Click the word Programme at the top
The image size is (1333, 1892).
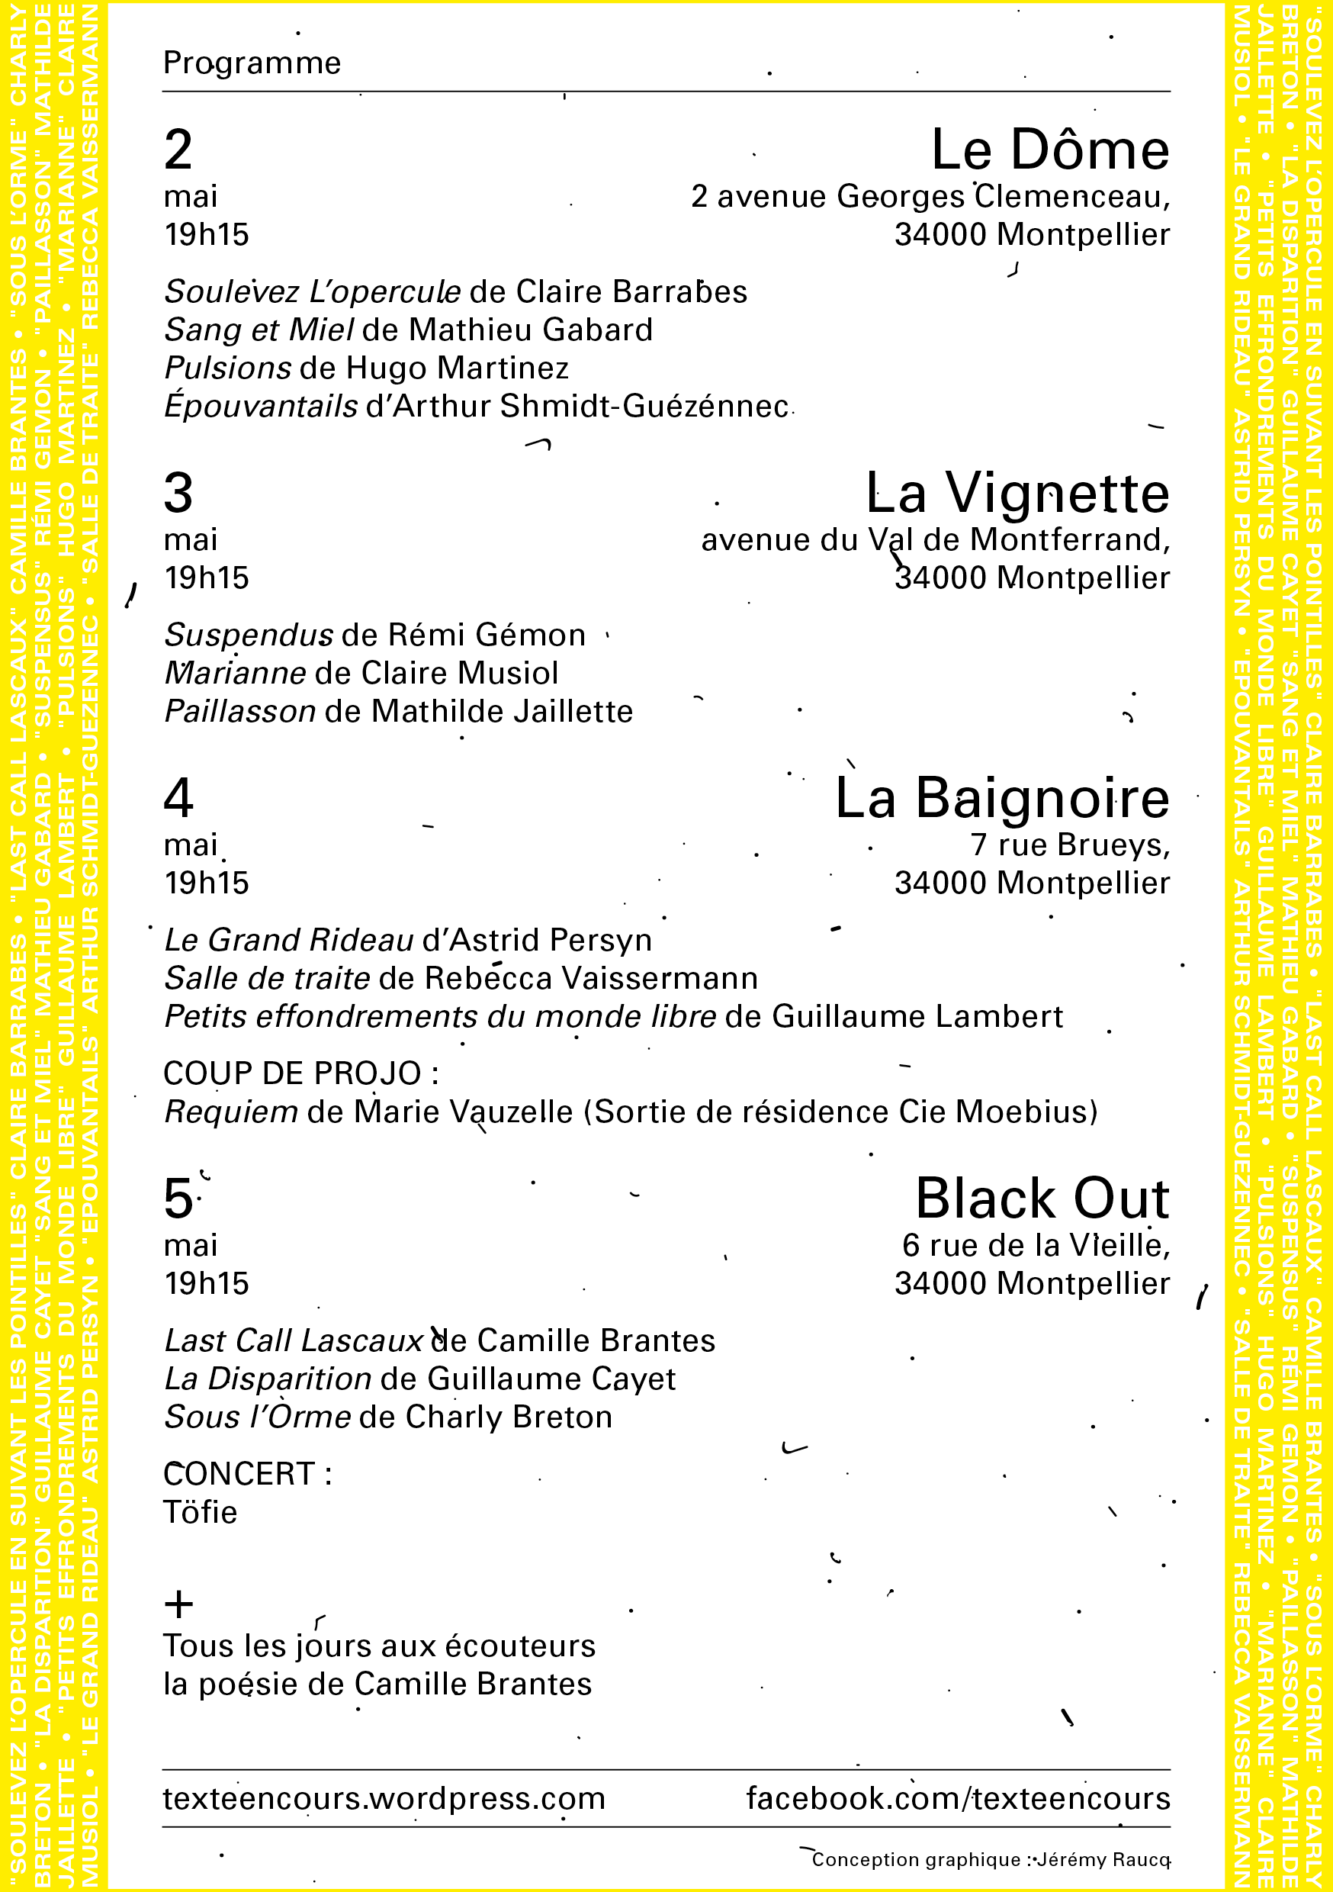[x=252, y=63]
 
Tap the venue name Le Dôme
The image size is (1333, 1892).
[x=1049, y=150]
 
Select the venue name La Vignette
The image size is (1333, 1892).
[x=1017, y=494]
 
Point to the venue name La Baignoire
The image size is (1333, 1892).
[x=1002, y=798]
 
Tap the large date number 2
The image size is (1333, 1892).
[x=178, y=150]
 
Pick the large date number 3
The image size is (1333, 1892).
[x=178, y=494]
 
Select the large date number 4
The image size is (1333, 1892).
[x=178, y=798]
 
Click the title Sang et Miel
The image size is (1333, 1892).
[x=259, y=330]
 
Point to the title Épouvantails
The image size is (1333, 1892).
[x=260, y=407]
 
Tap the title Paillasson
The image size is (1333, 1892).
[x=239, y=711]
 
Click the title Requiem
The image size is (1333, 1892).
[x=230, y=1112]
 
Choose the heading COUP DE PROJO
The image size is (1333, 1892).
[x=300, y=1073]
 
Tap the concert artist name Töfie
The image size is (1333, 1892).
[x=201, y=1512]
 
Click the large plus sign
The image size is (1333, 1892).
[x=178, y=1604]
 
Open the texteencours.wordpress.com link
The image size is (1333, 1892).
[x=384, y=1797]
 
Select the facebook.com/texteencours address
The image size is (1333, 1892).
[x=957, y=1797]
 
